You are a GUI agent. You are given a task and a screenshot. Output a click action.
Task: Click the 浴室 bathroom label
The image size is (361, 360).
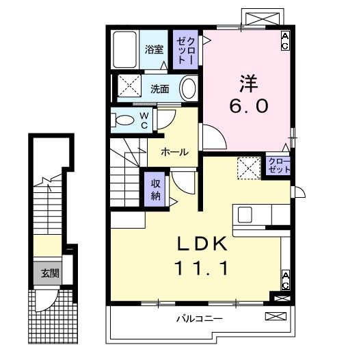[x=155, y=49]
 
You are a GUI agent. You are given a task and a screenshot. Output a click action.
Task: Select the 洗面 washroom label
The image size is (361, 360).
[x=159, y=88]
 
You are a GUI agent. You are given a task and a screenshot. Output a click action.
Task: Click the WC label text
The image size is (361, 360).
[x=145, y=120]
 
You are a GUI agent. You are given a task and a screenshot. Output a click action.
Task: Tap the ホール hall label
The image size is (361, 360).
[x=174, y=152]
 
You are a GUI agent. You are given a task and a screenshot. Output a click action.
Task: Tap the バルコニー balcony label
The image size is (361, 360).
[x=199, y=318]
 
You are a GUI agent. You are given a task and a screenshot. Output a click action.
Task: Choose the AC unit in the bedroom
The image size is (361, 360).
[x=285, y=40]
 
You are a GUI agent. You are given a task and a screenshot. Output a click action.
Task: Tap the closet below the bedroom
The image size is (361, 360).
[x=278, y=164]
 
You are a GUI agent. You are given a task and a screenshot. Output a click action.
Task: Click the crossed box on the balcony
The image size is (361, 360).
[x=275, y=316]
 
